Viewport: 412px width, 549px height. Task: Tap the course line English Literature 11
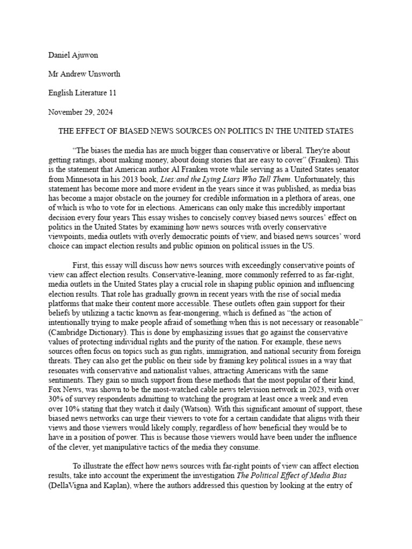pos(82,93)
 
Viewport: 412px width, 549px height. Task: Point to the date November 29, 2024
pos(80,112)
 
